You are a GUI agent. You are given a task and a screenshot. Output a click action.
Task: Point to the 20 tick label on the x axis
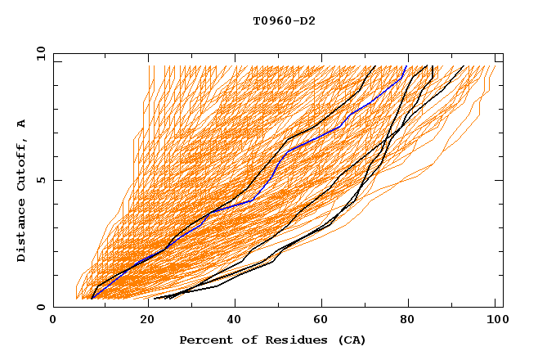click(142, 321)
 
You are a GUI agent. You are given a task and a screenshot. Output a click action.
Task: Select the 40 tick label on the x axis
click(231, 321)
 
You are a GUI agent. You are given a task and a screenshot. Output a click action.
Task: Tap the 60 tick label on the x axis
click(320, 321)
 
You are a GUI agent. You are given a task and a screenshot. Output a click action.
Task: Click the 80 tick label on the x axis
click(408, 321)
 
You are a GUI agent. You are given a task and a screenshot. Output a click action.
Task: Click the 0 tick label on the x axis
click(54, 321)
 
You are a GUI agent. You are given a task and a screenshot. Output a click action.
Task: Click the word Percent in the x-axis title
click(204, 340)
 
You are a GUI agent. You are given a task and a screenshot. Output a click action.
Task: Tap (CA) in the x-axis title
click(350, 340)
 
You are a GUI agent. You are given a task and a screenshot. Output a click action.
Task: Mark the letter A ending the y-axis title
click(22, 124)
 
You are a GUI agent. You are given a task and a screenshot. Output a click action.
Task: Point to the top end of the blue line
click(406, 66)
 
